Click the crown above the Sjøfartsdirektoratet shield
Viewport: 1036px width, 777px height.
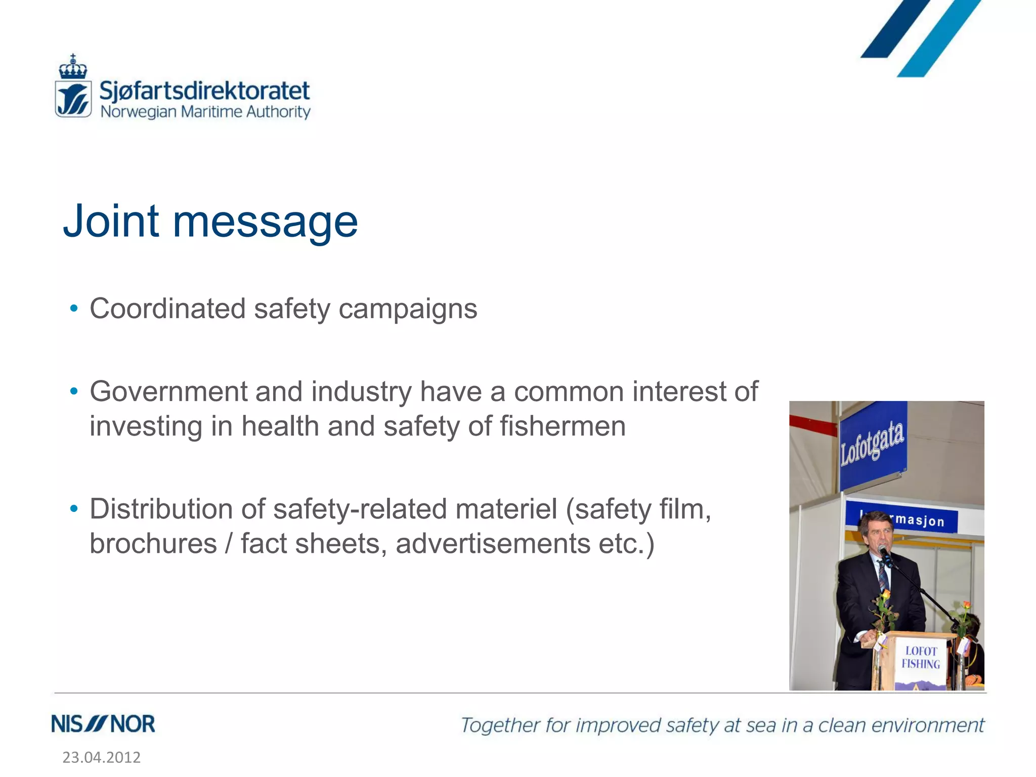(73, 67)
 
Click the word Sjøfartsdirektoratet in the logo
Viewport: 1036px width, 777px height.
(204, 91)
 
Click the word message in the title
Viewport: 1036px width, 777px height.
(265, 223)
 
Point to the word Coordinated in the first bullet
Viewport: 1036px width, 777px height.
(167, 309)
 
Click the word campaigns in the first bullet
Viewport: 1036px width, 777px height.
(408, 310)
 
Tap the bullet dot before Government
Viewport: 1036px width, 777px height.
(74, 391)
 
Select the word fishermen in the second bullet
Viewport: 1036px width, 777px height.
(563, 426)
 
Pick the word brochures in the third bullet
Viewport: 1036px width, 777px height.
(153, 544)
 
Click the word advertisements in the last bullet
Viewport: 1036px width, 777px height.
(493, 544)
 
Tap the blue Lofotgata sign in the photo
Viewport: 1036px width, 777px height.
(872, 444)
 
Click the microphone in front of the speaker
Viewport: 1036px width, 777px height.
(885, 553)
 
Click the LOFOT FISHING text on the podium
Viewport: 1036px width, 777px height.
(921, 658)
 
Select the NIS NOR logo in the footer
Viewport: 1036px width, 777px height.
(103, 724)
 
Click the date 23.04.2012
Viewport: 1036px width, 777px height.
(101, 757)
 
